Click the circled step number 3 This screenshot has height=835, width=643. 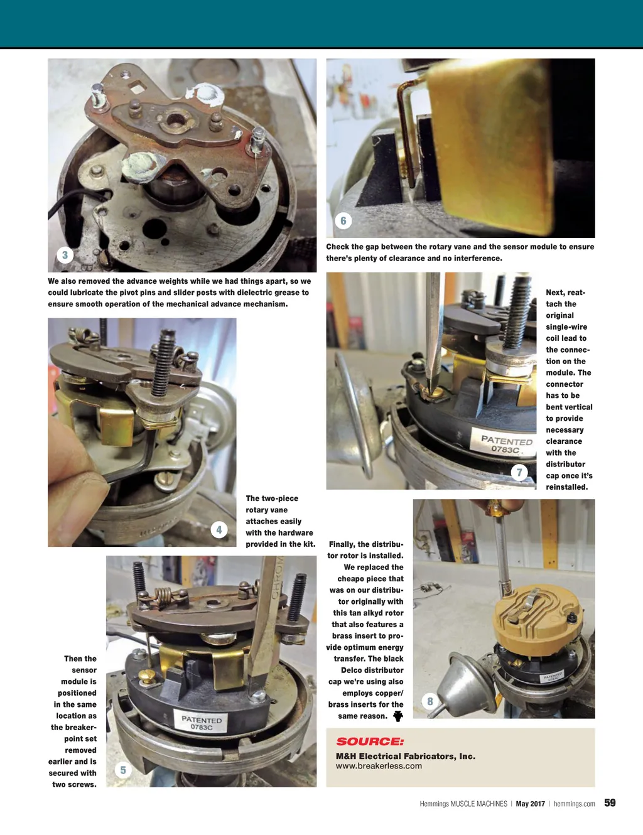point(65,255)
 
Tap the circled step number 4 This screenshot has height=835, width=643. point(219,530)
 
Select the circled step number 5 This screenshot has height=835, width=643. point(123,770)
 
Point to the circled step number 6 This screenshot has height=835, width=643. point(343,220)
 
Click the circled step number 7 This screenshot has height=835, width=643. point(519,472)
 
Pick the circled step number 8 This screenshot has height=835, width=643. point(430,701)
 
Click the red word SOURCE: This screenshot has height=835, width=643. point(370,741)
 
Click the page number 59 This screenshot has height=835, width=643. point(610,802)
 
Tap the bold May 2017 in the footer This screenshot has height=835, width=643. point(531,804)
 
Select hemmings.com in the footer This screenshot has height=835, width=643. point(574,804)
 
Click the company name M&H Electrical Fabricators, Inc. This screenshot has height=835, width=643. point(406,756)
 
